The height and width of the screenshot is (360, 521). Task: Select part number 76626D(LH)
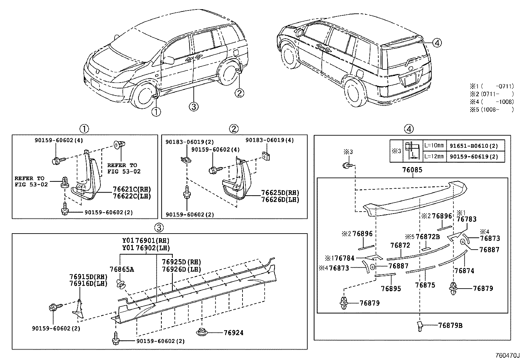[x=280, y=199]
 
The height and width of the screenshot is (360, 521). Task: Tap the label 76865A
[x=121, y=269]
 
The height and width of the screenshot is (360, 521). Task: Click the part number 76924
[x=234, y=333]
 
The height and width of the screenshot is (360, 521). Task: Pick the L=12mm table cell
[x=434, y=157]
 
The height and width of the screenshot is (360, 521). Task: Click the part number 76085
[x=412, y=170]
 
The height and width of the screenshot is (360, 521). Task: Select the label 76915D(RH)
[x=88, y=277]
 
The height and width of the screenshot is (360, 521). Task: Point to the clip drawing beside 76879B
[x=420, y=326]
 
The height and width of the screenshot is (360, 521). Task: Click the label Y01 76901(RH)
[x=146, y=241]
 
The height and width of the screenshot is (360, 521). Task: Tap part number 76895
[x=391, y=289]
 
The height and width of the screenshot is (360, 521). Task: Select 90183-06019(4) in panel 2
[x=270, y=140]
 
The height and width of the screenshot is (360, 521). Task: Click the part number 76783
[x=466, y=219]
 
